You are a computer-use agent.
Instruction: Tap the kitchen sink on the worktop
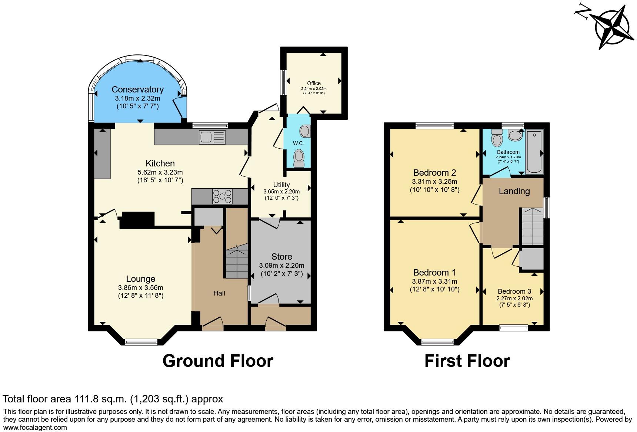[212, 137]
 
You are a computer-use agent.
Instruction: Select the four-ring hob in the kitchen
[222, 196]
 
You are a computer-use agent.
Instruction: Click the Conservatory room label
[137, 90]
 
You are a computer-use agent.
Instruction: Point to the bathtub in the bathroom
[534, 152]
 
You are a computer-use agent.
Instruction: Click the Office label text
[314, 83]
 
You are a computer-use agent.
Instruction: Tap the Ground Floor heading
[218, 361]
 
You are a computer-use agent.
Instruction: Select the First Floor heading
[467, 361]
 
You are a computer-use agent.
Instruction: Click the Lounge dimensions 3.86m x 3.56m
[141, 288]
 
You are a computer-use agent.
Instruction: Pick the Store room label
[281, 257]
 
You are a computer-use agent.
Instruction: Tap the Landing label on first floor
[514, 191]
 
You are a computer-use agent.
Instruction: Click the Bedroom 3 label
[514, 291]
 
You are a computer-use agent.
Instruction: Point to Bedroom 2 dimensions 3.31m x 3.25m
[434, 182]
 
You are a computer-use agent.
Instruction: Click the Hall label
[219, 293]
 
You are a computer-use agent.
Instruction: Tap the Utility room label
[281, 185]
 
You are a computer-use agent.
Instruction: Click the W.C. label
[298, 143]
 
